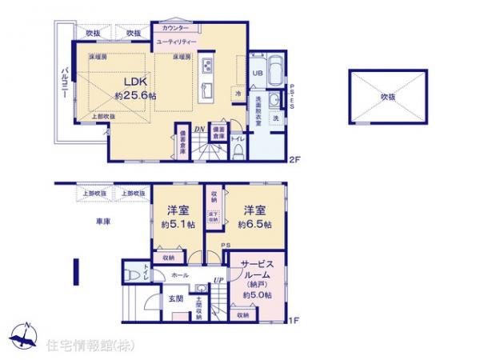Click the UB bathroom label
pos(258,73)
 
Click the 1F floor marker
pos(294,322)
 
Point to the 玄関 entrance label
pos(176,299)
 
